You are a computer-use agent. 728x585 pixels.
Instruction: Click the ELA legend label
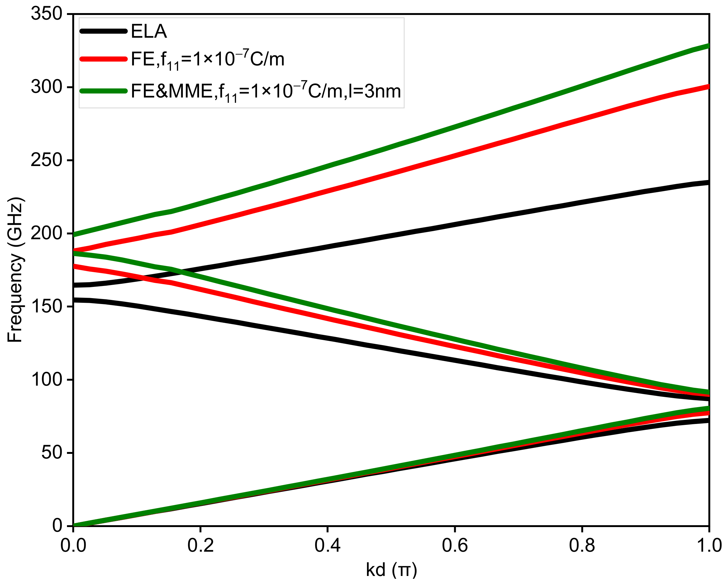tap(149, 31)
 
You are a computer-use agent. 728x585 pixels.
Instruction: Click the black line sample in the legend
tap(103, 31)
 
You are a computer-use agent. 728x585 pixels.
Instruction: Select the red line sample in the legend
tap(103, 59)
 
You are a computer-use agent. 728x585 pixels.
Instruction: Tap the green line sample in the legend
tap(103, 91)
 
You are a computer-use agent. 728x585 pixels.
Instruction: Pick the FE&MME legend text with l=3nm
tap(266, 92)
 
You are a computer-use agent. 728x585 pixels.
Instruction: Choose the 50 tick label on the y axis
tap(52, 453)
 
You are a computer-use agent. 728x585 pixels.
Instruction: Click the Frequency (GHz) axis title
tap(15, 269)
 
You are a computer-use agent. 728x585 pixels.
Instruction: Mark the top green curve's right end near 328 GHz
tap(707, 46)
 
